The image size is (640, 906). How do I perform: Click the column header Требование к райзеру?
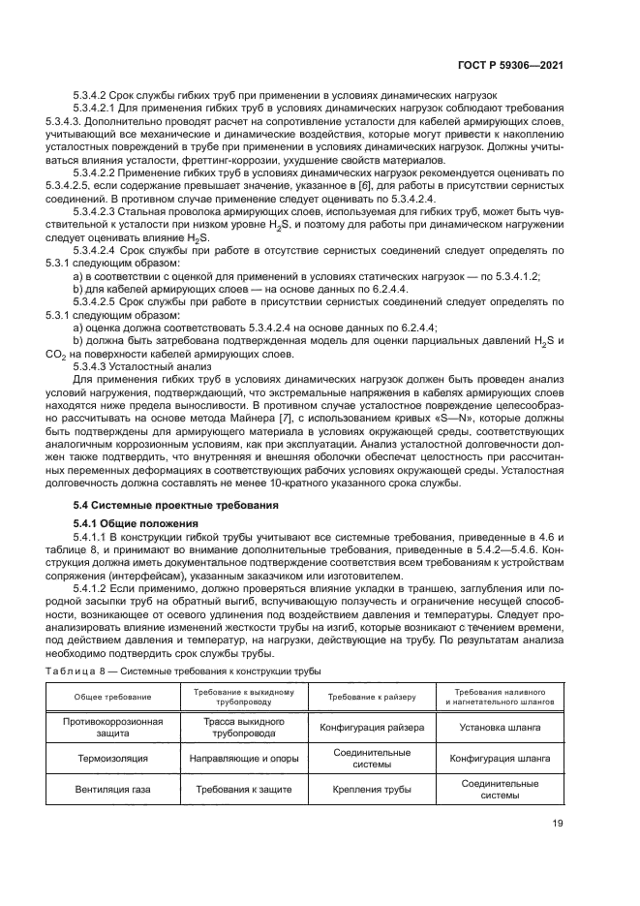[371, 697]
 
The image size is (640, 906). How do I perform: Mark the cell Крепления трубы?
[371, 790]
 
